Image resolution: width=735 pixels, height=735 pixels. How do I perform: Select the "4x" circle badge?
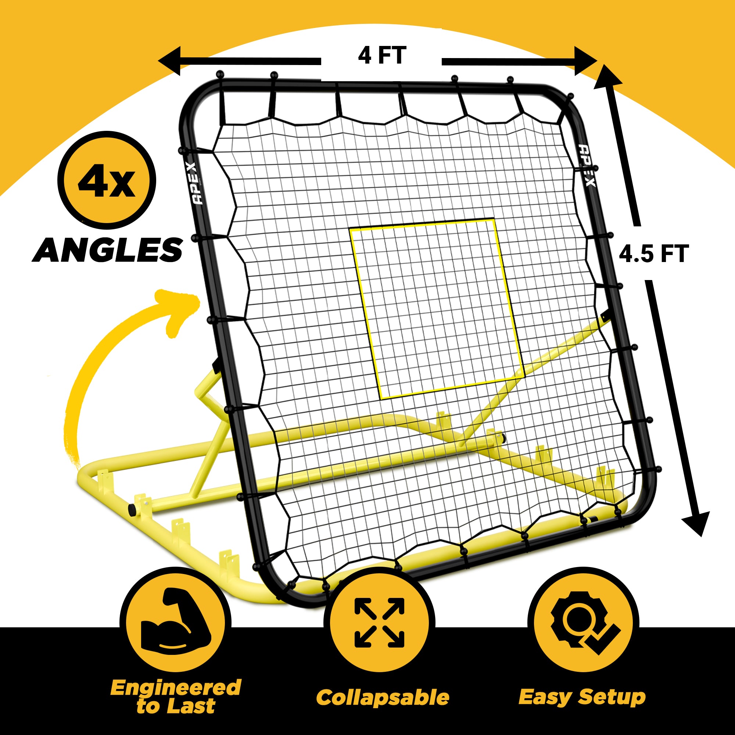tap(107, 181)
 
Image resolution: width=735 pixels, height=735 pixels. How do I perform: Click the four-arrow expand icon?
tap(379, 623)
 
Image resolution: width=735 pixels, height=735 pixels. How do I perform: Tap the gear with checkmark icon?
tap(583, 623)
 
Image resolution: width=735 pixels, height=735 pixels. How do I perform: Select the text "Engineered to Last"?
tap(175, 696)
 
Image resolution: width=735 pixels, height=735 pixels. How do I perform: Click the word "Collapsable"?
tap(382, 698)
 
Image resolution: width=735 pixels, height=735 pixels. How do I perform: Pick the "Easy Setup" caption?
tap(582, 697)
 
